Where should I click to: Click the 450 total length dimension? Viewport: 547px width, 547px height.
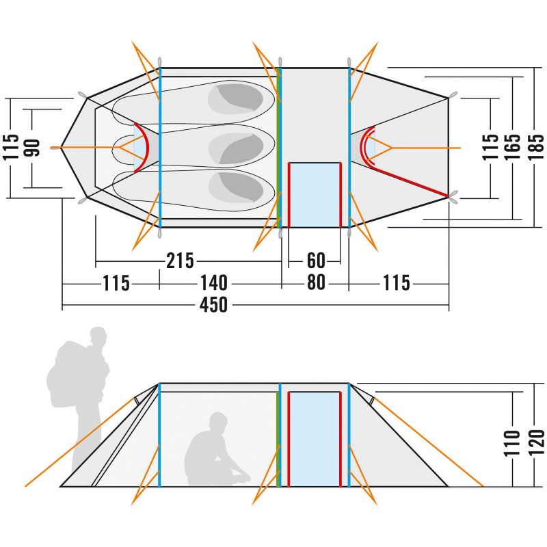click(x=214, y=305)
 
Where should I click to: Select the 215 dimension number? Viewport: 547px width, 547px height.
click(x=180, y=261)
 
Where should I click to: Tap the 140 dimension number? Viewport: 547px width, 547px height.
click(x=214, y=283)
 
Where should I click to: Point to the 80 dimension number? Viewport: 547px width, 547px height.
click(x=316, y=283)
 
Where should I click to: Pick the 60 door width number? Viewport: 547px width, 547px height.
click(x=316, y=261)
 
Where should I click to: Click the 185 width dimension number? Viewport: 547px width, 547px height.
click(x=536, y=146)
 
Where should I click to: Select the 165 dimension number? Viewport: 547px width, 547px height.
click(x=513, y=146)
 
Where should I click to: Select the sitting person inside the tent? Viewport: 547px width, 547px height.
click(x=212, y=451)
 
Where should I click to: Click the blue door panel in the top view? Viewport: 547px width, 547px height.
click(x=315, y=195)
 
